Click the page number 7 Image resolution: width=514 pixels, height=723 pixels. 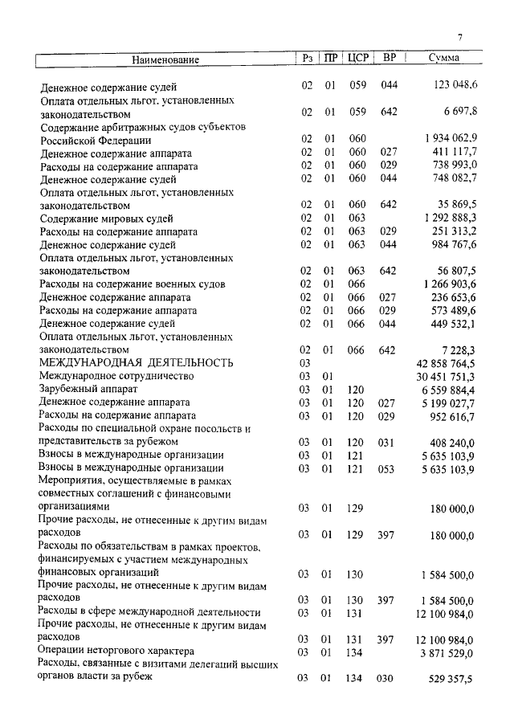pos(460,37)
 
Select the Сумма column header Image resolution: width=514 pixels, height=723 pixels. pos(444,59)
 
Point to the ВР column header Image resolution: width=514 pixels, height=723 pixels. pos(390,59)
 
